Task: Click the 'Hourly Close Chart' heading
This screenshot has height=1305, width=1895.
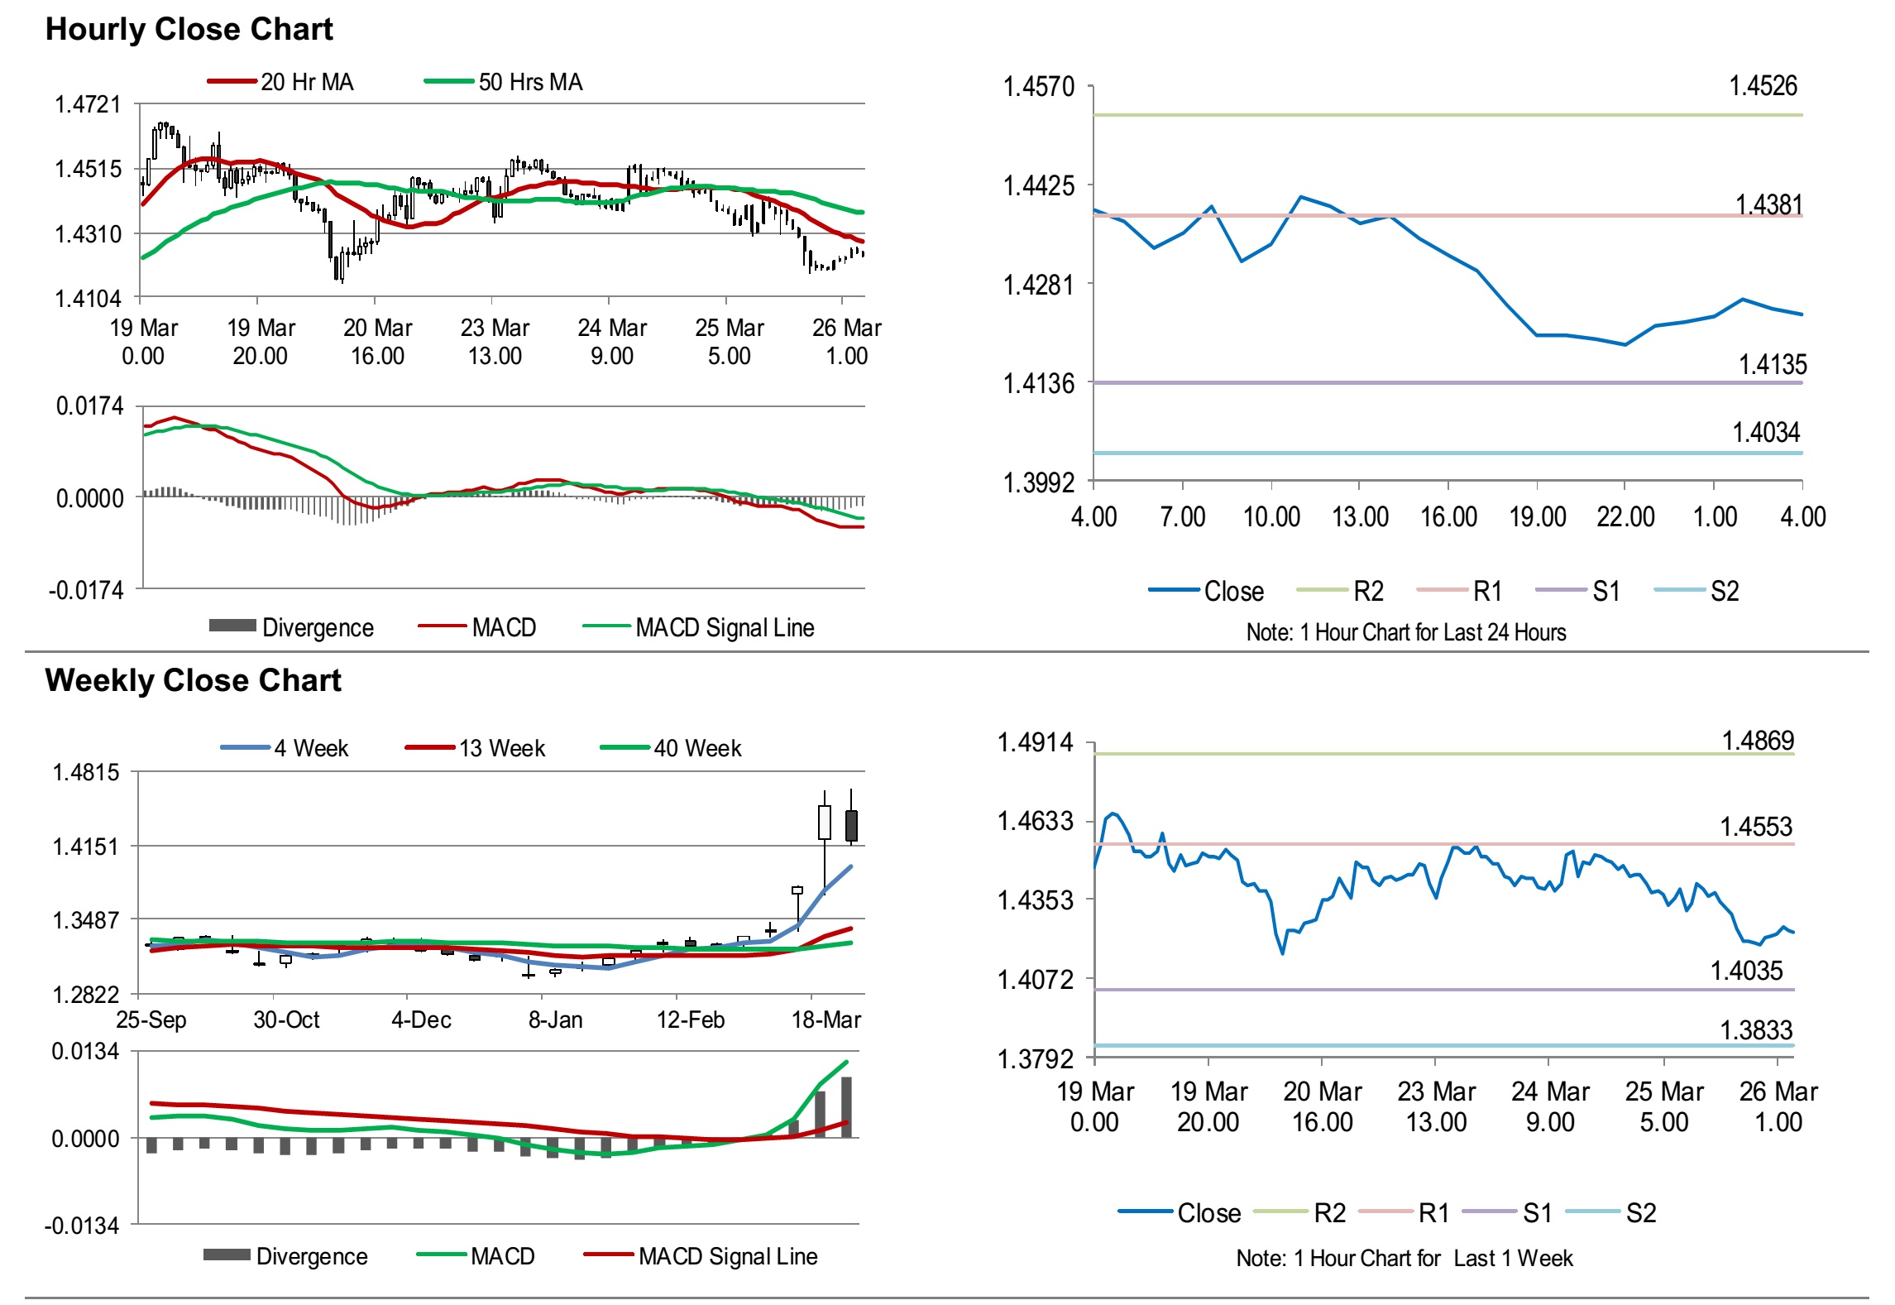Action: [189, 29]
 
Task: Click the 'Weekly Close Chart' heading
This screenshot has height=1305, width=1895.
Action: [193, 680]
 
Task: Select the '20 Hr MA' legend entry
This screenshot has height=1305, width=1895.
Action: [306, 82]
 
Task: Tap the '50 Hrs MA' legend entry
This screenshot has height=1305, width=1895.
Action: [530, 82]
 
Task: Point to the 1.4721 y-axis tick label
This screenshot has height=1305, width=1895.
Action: [88, 104]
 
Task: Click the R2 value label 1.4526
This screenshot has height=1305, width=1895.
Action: [1763, 85]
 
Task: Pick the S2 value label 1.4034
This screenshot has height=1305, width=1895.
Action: [1766, 432]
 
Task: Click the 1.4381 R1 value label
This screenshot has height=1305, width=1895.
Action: [1768, 204]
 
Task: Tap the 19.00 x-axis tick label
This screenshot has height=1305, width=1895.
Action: [1537, 517]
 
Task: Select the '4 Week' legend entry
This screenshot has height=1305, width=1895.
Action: [311, 748]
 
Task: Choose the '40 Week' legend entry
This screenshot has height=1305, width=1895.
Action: [697, 748]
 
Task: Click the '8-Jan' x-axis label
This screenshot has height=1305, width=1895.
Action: [555, 1020]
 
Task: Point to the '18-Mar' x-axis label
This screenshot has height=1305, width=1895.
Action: [825, 1020]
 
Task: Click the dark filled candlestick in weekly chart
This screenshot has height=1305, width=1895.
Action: [851, 825]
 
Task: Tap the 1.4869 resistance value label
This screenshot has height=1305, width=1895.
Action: [1758, 740]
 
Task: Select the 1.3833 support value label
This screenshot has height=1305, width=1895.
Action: [1756, 1029]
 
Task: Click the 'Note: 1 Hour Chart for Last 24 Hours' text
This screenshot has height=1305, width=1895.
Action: [1405, 632]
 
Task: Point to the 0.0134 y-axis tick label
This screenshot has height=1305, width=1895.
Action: [85, 1052]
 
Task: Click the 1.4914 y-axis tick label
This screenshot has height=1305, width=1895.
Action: [1035, 742]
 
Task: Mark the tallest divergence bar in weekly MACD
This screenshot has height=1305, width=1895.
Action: [846, 1106]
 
